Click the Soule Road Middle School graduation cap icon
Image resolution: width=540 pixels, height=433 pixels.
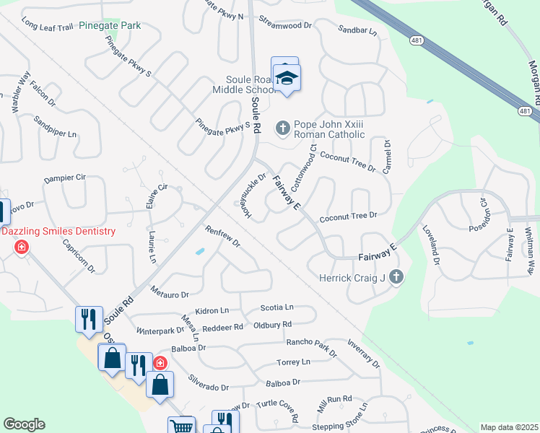pyautogui.click(x=287, y=78)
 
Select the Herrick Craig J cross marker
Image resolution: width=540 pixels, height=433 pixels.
pyautogui.click(x=396, y=276)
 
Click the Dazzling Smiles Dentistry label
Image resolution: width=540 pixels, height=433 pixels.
pyautogui.click(x=58, y=231)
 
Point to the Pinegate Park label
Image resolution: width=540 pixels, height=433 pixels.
pyautogui.click(x=110, y=25)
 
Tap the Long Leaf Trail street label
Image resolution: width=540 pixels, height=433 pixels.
pyautogui.click(x=48, y=27)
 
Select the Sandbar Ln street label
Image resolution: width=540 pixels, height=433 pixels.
pyautogui.click(x=357, y=30)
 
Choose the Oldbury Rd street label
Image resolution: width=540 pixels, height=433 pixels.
pyautogui.click(x=272, y=325)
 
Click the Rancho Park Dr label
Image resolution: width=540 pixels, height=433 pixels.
pyautogui.click(x=311, y=347)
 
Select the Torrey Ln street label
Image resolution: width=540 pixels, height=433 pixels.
pyautogui.click(x=293, y=362)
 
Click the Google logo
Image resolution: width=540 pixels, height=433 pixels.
pyautogui.click(x=24, y=424)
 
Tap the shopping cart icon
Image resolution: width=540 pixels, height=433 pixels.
pyautogui.click(x=181, y=427)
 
